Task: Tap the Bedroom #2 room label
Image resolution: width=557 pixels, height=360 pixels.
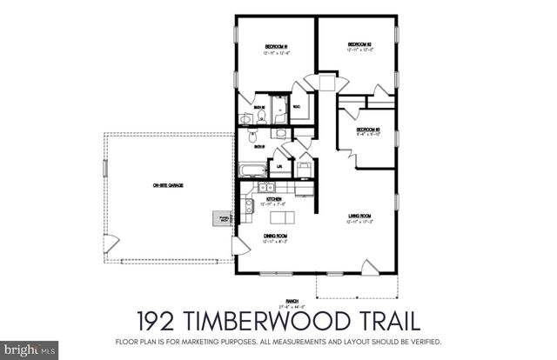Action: (x=359, y=43)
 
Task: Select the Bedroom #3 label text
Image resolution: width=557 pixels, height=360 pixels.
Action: (x=369, y=130)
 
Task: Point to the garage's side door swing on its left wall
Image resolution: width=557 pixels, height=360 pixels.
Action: (x=108, y=243)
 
